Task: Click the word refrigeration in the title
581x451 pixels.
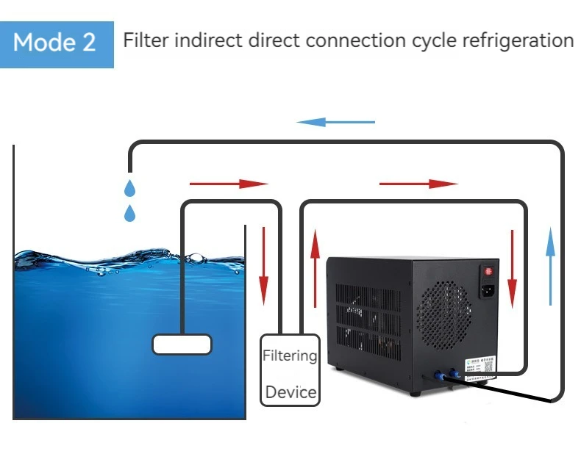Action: [x=516, y=40]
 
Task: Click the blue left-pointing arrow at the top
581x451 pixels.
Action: [x=335, y=122]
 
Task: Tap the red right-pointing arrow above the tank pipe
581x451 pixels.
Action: [x=229, y=183]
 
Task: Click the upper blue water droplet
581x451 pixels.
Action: [x=130, y=188]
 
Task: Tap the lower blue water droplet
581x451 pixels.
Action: [x=130, y=214]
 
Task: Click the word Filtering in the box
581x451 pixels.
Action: [x=290, y=356]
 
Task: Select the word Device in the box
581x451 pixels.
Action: [x=290, y=392]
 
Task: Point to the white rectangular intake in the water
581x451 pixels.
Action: [x=182, y=344]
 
